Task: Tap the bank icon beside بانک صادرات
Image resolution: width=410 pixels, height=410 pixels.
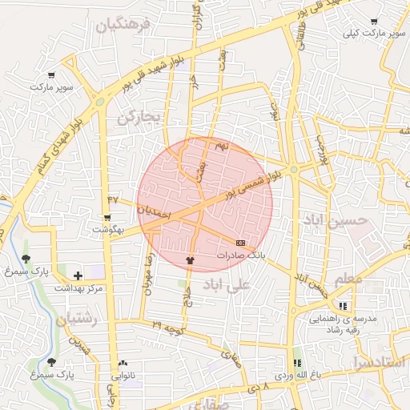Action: coord(241,242)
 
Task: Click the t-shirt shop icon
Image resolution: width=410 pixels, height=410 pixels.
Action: coord(190,259)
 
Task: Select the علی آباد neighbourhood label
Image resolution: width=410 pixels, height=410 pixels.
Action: coord(227,283)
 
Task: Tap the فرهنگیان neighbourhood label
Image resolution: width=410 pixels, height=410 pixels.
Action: coord(123,26)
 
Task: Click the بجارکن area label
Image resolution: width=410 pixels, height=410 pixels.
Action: coord(139,118)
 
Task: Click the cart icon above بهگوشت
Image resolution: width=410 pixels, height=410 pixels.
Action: coord(107,217)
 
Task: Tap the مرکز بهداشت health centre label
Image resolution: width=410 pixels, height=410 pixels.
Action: coord(78,287)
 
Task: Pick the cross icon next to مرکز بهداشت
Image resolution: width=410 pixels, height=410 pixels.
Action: coord(78,275)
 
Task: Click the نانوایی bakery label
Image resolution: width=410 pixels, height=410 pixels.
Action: coord(123,375)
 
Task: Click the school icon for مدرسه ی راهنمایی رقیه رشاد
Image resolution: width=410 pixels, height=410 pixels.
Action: coord(344,306)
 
